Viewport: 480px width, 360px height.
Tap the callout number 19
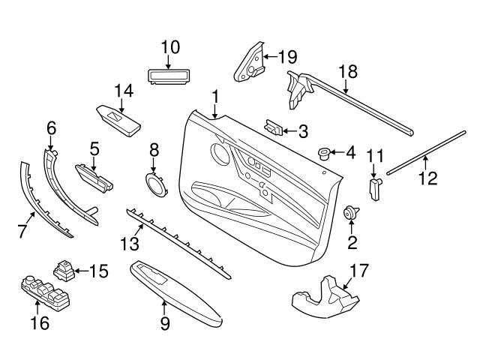point(288,56)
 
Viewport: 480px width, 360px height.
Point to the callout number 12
point(426,179)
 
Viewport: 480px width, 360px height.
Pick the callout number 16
point(39,323)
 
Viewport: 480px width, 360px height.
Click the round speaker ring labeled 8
point(155,182)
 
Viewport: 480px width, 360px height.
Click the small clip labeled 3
point(275,128)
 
